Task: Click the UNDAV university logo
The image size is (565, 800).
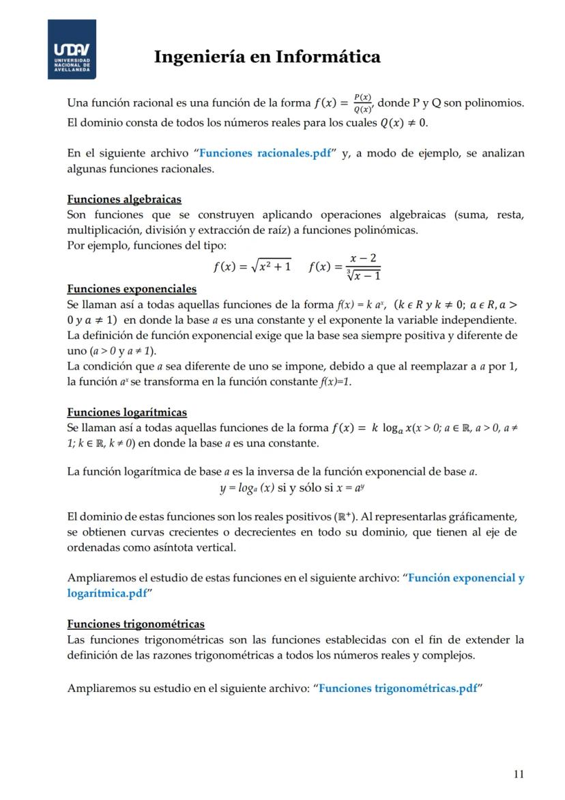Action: [71, 49]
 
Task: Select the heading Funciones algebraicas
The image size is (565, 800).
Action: [124, 199]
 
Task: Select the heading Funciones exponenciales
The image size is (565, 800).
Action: [132, 289]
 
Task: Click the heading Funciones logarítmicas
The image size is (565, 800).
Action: [127, 412]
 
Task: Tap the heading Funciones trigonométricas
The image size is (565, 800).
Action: [136, 624]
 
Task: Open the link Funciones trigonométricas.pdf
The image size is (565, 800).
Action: [398, 688]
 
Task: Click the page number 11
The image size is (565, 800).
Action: [519, 774]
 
